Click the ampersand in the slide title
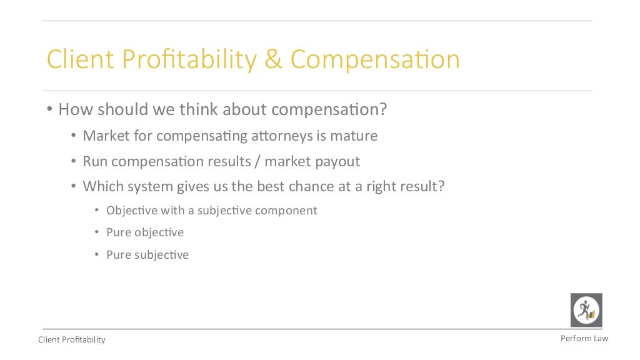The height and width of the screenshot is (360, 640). point(274,60)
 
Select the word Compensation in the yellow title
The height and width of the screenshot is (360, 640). point(375,60)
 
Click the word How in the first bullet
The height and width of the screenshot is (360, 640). point(71,110)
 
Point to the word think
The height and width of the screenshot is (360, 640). point(199,110)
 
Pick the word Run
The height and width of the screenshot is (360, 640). point(94,161)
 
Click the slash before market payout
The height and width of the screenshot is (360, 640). point(257,161)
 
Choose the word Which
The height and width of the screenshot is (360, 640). point(102,186)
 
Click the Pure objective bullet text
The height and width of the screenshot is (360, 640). point(145,232)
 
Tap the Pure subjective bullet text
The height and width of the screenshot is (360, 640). point(147,255)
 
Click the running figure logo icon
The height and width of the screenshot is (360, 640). point(586,310)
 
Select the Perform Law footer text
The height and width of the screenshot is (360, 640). point(584,338)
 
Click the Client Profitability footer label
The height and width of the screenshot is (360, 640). point(72,340)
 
